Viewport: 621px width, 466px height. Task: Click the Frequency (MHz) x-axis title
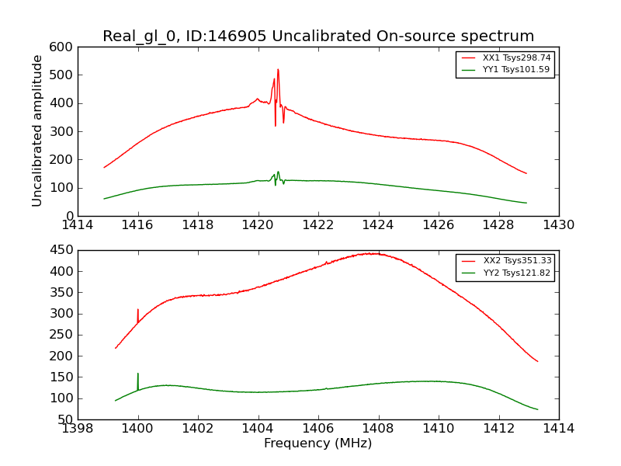(317, 443)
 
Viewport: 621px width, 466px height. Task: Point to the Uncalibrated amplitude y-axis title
(37, 130)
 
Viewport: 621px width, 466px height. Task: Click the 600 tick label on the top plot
(64, 47)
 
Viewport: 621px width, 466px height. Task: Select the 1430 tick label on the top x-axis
(558, 225)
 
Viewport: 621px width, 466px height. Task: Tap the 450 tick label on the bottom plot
(64, 251)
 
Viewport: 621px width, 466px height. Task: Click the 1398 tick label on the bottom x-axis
(78, 429)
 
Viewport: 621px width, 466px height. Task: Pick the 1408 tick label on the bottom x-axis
(378, 429)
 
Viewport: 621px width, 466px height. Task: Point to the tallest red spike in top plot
(278, 71)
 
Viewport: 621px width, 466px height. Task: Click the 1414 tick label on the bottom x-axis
(558, 429)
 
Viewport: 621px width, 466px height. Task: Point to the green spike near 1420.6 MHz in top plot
(278, 173)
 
